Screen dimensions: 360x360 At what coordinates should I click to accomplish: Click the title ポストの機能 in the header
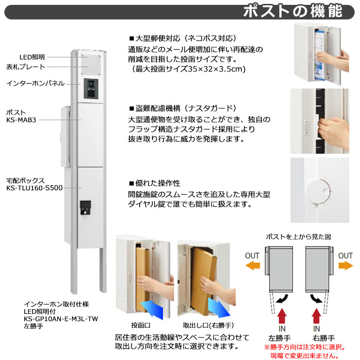299,11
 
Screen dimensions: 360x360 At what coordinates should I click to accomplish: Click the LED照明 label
32,57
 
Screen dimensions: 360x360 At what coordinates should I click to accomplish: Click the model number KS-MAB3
21,119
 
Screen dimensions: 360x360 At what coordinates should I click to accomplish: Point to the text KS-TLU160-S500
35,187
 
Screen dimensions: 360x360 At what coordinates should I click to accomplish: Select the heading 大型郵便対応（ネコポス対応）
182,38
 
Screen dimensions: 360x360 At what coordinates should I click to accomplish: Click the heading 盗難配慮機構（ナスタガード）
182,108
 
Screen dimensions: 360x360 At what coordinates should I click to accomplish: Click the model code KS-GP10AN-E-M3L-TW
61,320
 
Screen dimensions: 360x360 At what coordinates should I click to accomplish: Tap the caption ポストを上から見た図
298,236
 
